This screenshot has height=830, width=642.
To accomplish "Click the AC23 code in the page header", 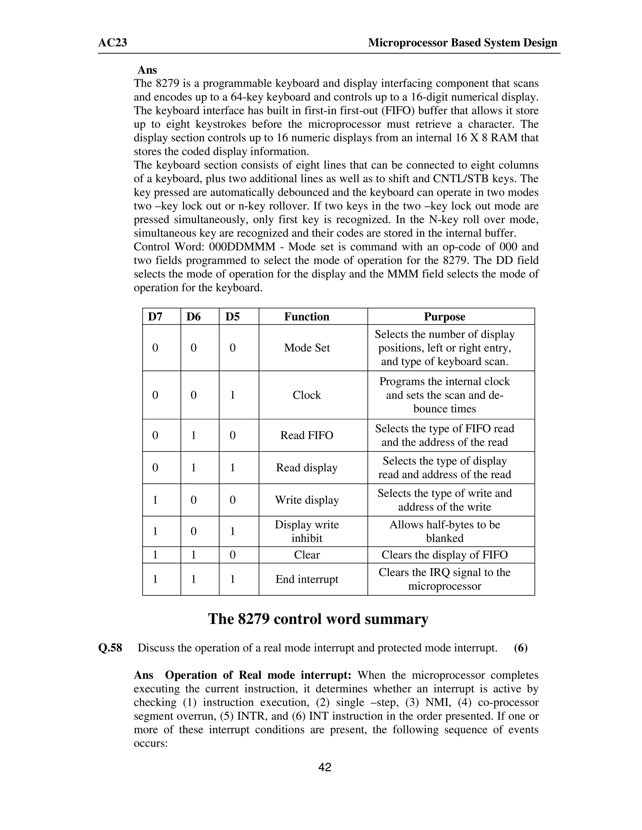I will (x=113, y=43).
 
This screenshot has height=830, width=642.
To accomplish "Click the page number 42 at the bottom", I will (x=324, y=767).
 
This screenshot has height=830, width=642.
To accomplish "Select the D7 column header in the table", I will (x=155, y=317).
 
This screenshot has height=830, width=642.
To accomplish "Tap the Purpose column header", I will (x=444, y=317).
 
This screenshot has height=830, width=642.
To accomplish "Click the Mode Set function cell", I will (x=307, y=348).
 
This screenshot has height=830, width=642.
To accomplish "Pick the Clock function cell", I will (x=307, y=395).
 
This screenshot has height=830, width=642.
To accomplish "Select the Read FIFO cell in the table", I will (x=307, y=435).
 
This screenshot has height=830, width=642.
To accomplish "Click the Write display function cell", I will (x=307, y=500).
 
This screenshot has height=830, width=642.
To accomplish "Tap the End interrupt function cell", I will (x=307, y=579).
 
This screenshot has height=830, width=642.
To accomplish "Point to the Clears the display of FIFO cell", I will (x=444, y=555).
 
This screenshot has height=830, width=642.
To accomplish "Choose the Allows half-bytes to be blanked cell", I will (x=444, y=531).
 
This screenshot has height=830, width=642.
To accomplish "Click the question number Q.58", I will (x=110, y=648).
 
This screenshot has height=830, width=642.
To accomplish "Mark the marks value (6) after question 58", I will (x=520, y=648).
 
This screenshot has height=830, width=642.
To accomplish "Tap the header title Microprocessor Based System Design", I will (x=462, y=43).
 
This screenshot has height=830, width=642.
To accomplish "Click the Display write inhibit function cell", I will (x=307, y=531).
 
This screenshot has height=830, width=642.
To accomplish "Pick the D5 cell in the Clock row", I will (x=232, y=395).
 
